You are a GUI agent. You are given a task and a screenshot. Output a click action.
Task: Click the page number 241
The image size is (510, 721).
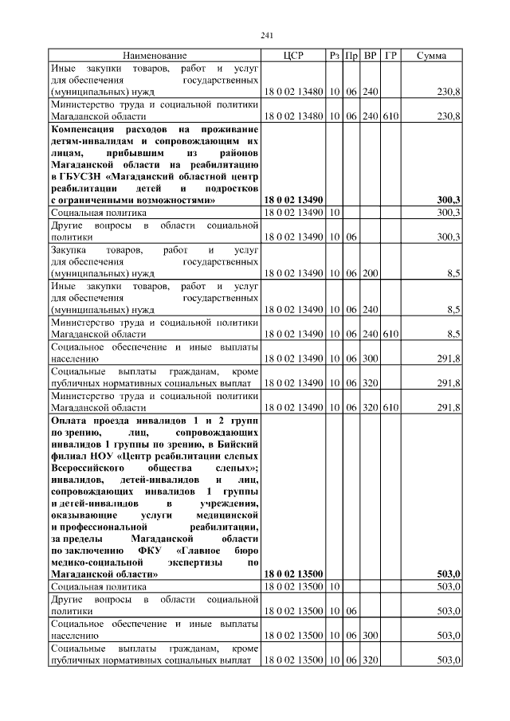point(267,34)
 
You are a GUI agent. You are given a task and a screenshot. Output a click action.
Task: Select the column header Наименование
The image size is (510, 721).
point(155,56)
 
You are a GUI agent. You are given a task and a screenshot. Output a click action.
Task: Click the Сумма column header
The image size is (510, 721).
point(431,56)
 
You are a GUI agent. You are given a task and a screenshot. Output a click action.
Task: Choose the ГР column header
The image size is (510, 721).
point(390,56)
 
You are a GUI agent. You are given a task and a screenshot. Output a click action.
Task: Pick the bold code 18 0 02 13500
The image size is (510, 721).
point(293,574)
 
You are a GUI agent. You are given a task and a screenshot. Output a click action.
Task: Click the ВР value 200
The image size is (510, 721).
point(370,273)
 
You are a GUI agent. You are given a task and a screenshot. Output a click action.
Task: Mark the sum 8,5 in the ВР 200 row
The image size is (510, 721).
point(453,273)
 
